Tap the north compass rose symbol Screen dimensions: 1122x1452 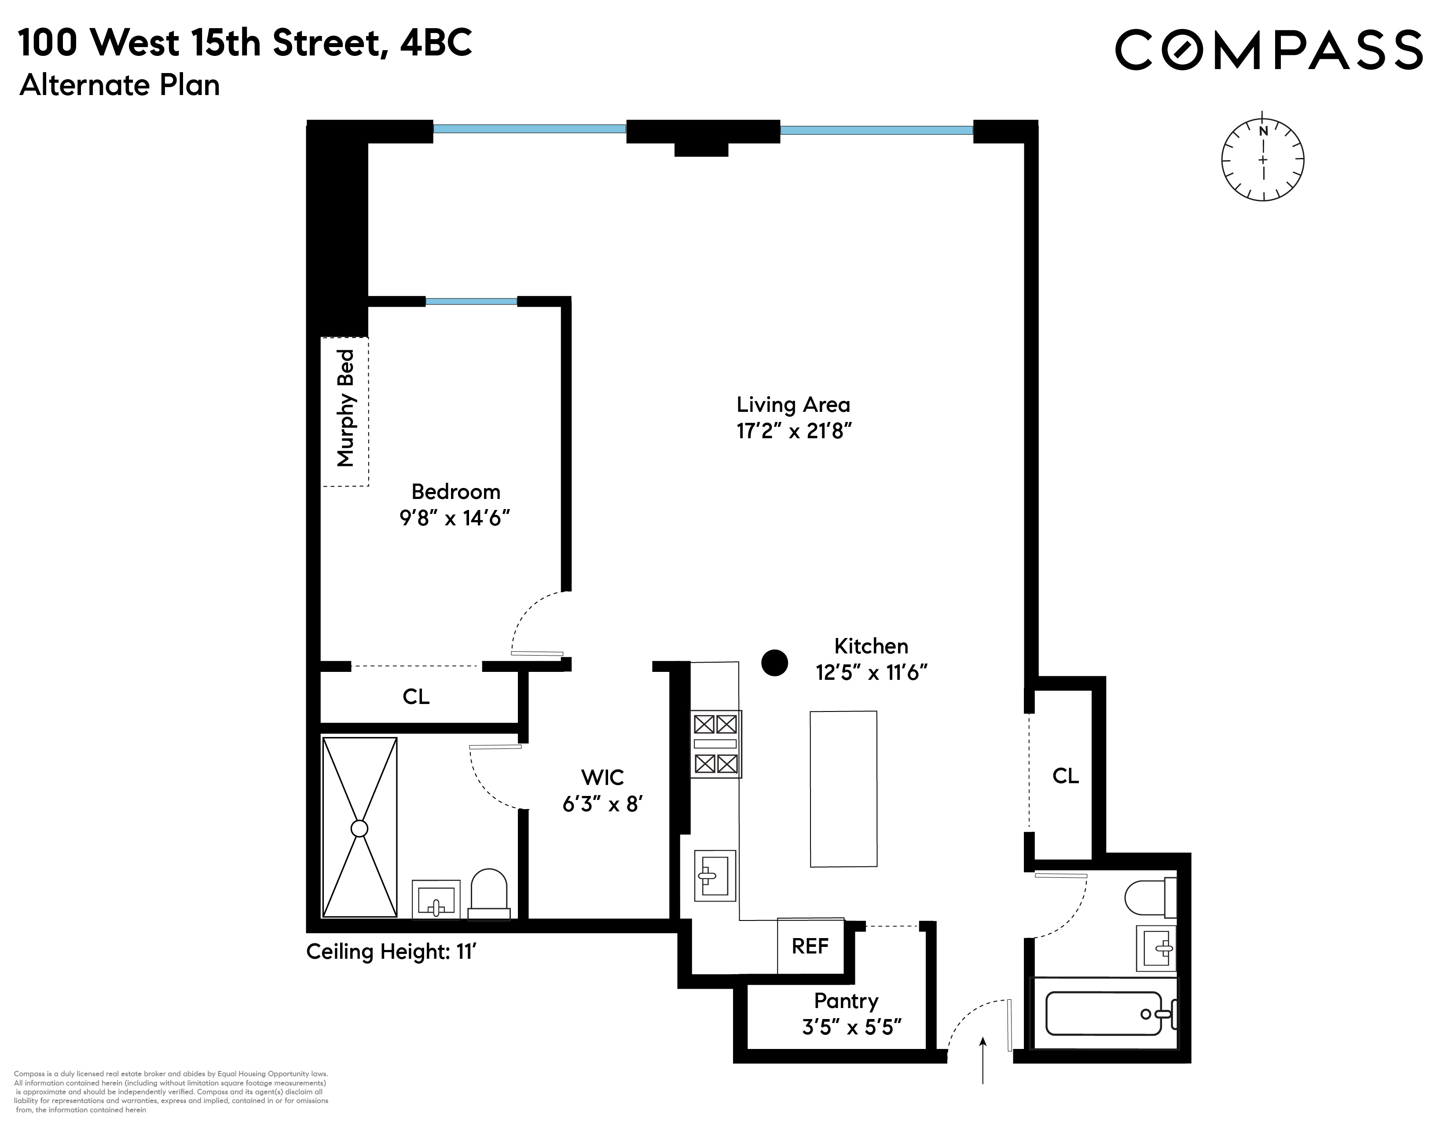click(x=1262, y=160)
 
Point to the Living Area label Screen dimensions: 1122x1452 click(x=793, y=405)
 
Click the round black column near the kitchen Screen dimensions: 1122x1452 click(x=774, y=663)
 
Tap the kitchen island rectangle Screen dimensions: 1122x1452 click(x=843, y=789)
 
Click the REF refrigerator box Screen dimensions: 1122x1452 click(x=810, y=946)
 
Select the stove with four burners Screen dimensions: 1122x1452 click(x=715, y=744)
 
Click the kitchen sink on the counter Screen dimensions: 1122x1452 click(x=714, y=876)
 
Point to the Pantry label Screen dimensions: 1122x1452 click(x=846, y=1001)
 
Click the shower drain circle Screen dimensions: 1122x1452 click(x=359, y=828)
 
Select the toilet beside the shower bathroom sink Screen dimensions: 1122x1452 click(x=489, y=894)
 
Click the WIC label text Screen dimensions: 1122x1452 click(x=602, y=777)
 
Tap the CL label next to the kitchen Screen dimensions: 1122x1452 click(x=1065, y=776)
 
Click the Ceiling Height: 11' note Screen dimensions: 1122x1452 click(x=392, y=952)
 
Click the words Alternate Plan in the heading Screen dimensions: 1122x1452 click(x=120, y=86)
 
